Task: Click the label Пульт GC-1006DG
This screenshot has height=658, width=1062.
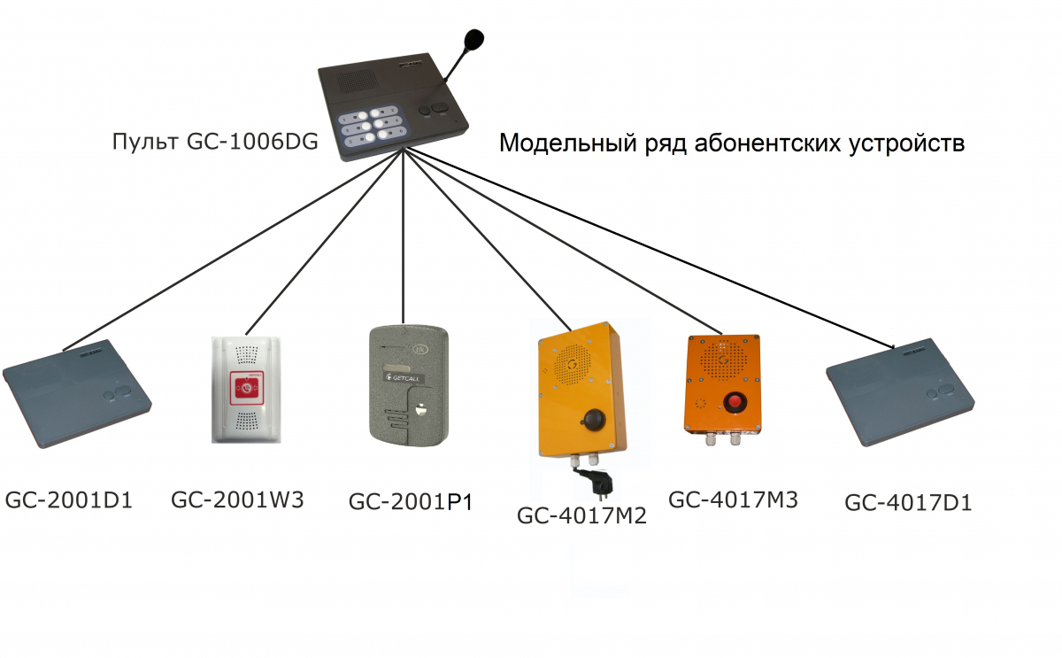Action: coord(215,142)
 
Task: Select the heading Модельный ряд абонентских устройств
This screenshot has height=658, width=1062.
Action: coord(732,143)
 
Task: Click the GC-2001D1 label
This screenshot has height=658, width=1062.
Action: coord(69,500)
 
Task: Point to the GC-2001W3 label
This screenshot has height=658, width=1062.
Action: coord(237,499)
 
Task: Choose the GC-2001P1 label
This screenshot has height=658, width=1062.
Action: coord(411,502)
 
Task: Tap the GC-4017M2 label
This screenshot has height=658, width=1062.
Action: coord(581,515)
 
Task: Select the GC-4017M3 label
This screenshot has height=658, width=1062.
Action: coord(733,499)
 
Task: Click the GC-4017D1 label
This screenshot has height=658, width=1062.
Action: coord(908,502)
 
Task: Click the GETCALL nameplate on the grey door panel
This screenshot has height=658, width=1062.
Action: coord(404,377)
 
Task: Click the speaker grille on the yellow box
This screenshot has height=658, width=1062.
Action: coord(573,364)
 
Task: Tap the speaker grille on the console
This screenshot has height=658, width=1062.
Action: coord(358,81)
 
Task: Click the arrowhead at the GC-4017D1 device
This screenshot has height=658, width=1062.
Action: coord(890,346)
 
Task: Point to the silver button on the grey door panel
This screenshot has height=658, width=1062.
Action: coord(420,410)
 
